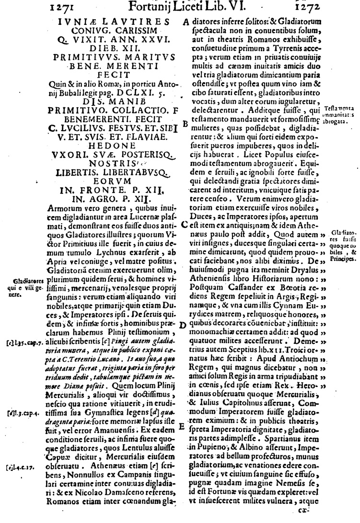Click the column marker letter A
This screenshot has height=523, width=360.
[186, 23]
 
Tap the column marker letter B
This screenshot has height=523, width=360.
[186, 124]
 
